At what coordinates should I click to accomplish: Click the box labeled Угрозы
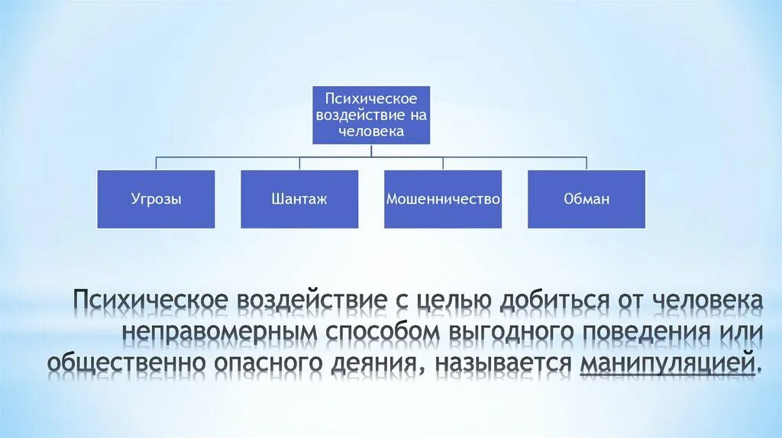156,199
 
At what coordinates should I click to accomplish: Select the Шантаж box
299,199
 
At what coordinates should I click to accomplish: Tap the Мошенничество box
443,199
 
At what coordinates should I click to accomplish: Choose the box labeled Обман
586,199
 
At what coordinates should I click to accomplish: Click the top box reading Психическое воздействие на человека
371,115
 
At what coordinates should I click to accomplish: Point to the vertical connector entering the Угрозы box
156,163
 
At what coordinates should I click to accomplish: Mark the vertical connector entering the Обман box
586,163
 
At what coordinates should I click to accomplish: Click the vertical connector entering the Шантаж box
299,163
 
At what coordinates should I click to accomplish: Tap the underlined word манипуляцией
670,364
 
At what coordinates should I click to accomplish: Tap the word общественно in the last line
126,364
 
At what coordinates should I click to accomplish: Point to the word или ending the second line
738,333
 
